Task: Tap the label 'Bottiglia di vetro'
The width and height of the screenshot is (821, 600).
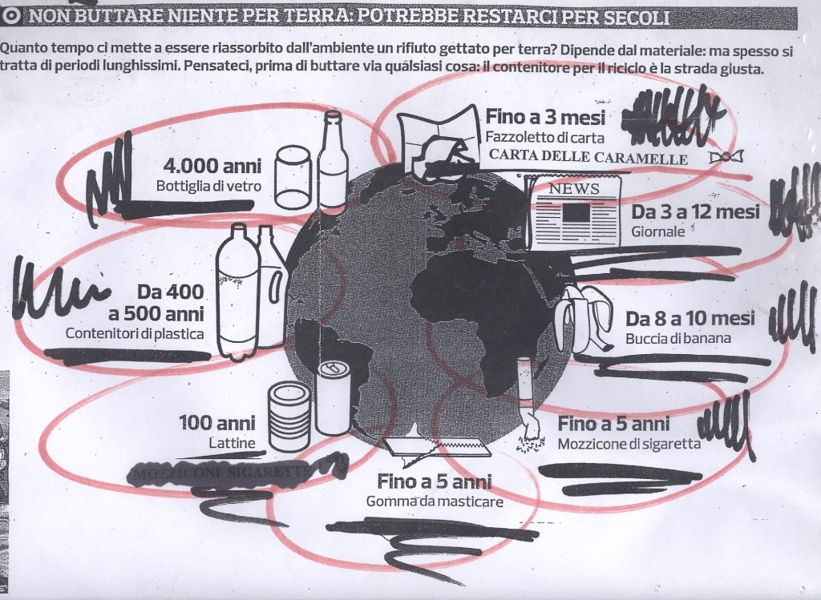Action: coord(209,187)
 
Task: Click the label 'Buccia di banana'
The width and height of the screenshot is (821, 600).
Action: coord(677,339)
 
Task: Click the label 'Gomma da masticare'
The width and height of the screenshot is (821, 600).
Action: coord(435,501)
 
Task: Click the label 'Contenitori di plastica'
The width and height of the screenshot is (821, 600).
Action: coord(146,333)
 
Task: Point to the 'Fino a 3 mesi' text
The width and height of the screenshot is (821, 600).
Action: coord(544,117)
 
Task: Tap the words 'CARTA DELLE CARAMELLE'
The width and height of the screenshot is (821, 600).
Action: coord(588,158)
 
